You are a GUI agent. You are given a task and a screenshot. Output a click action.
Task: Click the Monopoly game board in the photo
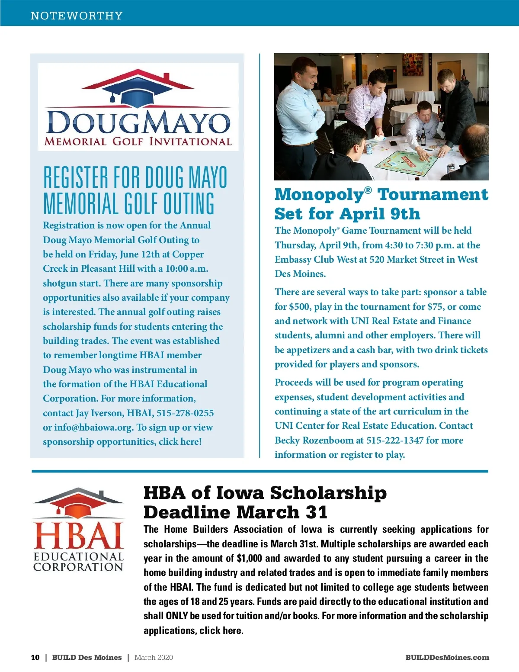[407, 162]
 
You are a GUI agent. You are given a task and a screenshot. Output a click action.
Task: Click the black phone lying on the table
[393, 143]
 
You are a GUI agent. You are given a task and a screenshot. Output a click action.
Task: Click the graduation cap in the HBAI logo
[78, 506]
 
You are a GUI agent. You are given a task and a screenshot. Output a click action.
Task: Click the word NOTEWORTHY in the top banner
[77, 16]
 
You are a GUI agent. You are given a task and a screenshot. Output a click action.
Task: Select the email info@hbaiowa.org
[93, 428]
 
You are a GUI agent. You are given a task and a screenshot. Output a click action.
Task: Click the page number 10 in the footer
[35, 657]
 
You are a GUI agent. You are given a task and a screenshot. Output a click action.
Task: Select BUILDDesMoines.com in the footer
[447, 657]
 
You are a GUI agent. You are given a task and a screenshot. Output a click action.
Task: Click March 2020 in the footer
[154, 657]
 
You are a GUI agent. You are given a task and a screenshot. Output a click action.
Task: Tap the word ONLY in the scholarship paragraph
[176, 616]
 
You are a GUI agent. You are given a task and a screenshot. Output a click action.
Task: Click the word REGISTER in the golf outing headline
[76, 177]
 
